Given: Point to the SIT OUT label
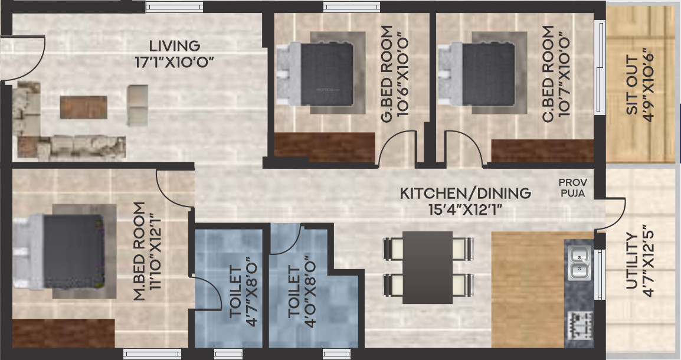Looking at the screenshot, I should pyautogui.click(x=632, y=86).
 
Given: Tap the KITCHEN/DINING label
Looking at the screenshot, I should pyautogui.click(x=465, y=193).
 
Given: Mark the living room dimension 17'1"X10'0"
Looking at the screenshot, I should pyautogui.click(x=174, y=61).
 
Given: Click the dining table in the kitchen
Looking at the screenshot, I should pyautogui.click(x=428, y=267).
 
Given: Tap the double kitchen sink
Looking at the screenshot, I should pyautogui.click(x=579, y=264).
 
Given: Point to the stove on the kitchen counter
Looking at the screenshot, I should pyautogui.click(x=578, y=325).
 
